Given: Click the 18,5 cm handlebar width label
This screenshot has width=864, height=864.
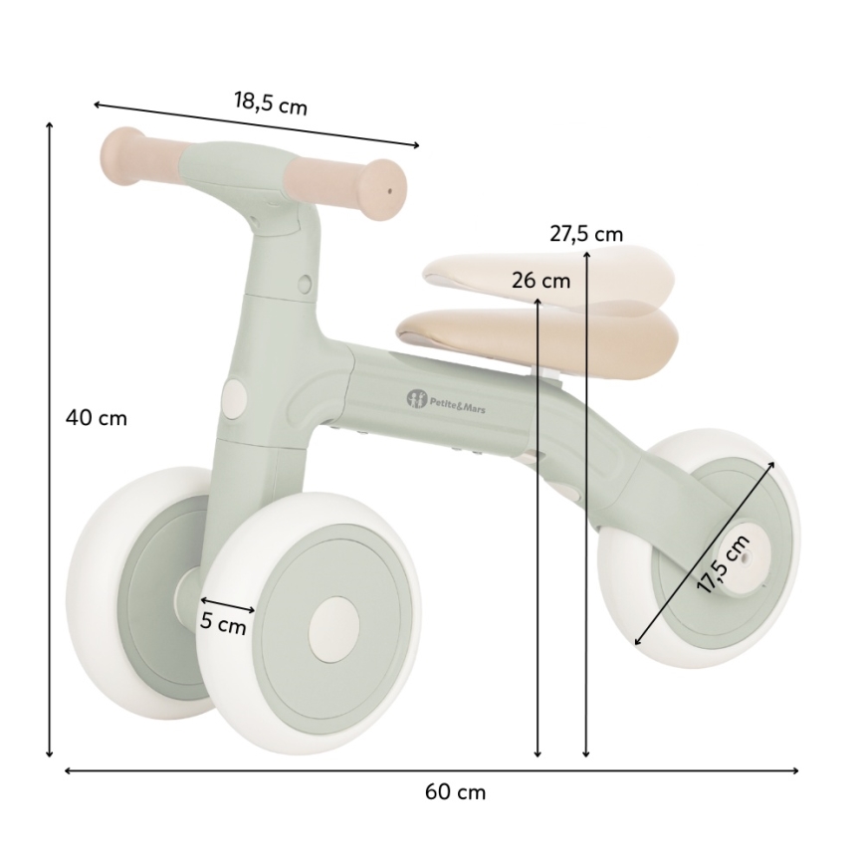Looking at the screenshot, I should click(x=271, y=103).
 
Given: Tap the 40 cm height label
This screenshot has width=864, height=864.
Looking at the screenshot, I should click(x=97, y=418).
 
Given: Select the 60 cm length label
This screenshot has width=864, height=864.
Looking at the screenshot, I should click(x=455, y=792).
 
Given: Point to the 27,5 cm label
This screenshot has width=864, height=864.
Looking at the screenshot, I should click(x=585, y=234).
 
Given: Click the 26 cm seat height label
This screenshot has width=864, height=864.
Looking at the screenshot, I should click(x=540, y=281).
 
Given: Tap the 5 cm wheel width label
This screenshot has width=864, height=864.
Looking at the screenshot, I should click(x=223, y=625).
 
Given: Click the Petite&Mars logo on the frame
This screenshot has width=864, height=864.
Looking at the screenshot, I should click(x=453, y=400).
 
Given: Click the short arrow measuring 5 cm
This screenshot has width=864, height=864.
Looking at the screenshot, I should click(x=227, y=604).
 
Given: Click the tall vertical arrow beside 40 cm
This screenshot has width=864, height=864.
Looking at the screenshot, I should click(x=49, y=438).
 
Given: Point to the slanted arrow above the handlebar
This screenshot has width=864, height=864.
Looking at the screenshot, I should click(x=256, y=124).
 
